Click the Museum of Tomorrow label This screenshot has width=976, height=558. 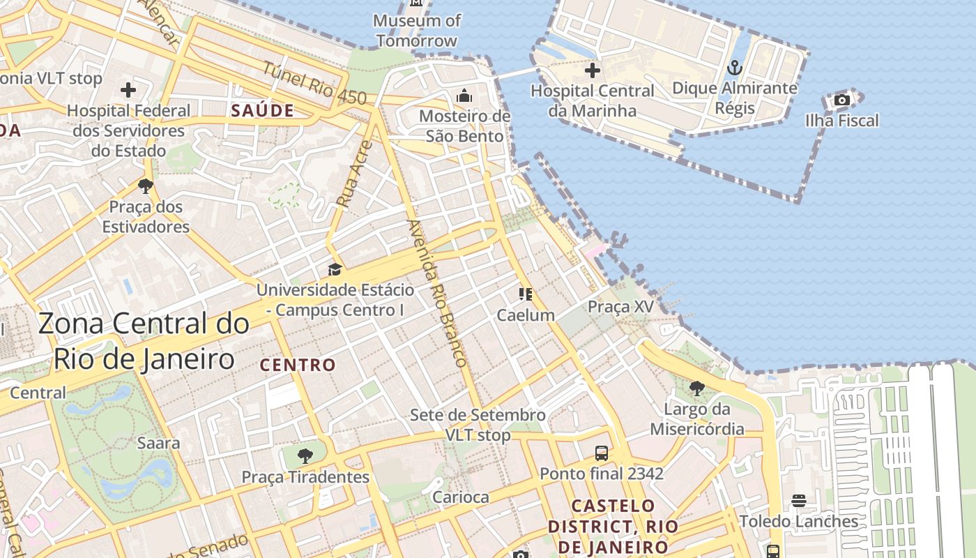(x=417, y=31)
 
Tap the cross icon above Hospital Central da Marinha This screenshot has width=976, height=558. (x=593, y=70)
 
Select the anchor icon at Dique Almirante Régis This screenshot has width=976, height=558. (x=734, y=68)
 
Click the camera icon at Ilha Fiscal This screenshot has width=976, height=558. (x=842, y=100)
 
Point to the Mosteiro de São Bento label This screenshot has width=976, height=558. (x=465, y=126)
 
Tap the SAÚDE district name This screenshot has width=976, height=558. (x=262, y=110)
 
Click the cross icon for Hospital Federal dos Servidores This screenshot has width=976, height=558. (x=128, y=90)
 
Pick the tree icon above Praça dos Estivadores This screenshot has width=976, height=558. (x=146, y=186)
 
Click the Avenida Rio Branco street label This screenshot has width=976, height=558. (x=436, y=293)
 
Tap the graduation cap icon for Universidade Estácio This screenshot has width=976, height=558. (x=335, y=270)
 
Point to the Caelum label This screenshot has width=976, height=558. (x=526, y=315)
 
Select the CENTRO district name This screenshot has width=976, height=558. (x=298, y=365)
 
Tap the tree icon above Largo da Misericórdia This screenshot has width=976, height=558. (x=696, y=389)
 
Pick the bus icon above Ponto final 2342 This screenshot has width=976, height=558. (x=601, y=453)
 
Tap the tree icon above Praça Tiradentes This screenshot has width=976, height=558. (x=305, y=457)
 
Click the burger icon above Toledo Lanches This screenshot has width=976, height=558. (x=799, y=501)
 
